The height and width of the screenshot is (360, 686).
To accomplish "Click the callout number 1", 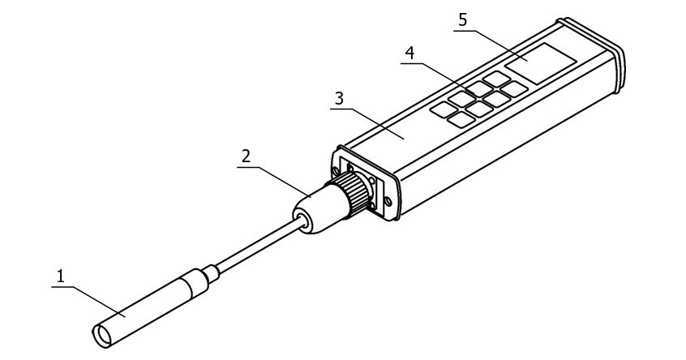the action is point(60,276).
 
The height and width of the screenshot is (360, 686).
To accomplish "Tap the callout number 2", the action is point(247,156).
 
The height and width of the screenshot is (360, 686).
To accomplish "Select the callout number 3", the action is point(340,98).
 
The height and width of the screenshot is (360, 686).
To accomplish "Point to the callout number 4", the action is point(409,53).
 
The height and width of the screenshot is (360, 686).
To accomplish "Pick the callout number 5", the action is point(462,19).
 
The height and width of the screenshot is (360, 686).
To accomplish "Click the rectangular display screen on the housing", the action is point(540,63).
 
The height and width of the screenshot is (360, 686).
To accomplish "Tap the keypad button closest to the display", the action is point(496,79).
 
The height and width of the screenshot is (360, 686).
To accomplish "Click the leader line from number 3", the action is point(367,124).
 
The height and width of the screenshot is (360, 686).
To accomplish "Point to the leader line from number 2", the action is point(274,182).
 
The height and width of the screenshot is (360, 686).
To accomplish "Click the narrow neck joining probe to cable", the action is point(211,274).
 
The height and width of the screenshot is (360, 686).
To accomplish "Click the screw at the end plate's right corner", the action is point(388,201).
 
